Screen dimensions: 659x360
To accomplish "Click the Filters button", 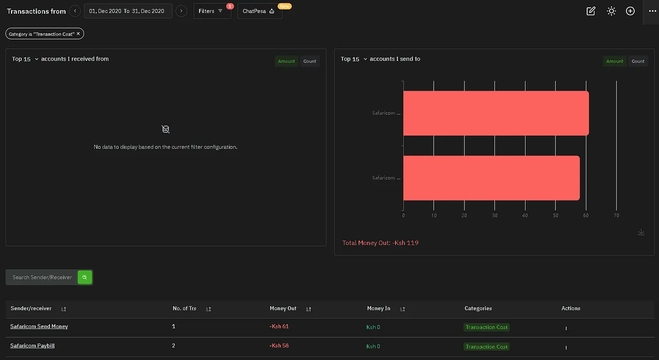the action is coord(212,11).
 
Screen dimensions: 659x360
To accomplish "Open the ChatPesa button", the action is coord(260,11).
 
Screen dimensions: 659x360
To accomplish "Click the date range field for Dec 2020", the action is coord(128,11).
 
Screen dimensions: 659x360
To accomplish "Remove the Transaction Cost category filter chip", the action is coord(78,34).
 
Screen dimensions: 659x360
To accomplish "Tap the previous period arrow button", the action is coord(75,11).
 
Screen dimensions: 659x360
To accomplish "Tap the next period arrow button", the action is coord(181,11).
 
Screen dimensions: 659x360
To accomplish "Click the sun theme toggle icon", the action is coord(611,11).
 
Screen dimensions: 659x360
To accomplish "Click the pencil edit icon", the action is coord(591,11).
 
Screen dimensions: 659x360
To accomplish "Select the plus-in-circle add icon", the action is coord(630,11).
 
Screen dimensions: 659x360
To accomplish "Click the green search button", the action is coord(85,278).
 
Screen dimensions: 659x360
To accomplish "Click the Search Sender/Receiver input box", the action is coord(42,278).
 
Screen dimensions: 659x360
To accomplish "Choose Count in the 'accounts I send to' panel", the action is coord(638,61).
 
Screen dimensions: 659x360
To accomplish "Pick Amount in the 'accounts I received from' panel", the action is coord(286,61).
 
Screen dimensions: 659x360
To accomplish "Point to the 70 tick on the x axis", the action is coord(616,215).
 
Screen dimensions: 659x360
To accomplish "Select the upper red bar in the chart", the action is coord(496,113).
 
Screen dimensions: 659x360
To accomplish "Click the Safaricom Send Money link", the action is coord(39,327).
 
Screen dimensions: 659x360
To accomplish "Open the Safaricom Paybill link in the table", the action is coord(33,345).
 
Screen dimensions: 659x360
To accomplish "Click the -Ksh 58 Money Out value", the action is coord(279,345).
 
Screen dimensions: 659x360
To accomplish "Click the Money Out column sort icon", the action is coord(308,309).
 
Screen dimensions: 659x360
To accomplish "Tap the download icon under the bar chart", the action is coord(642,233).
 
